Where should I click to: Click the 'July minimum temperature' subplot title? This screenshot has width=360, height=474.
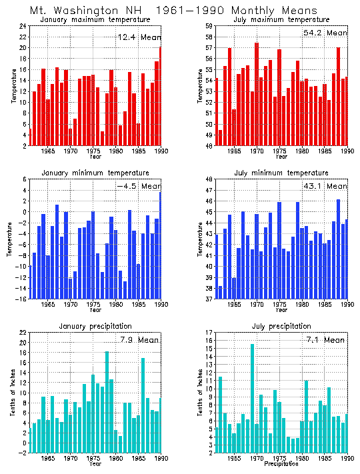click(281, 173)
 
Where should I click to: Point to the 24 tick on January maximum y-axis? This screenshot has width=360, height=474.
click(23, 26)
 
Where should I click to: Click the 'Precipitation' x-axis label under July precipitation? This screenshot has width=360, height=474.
click(281, 463)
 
